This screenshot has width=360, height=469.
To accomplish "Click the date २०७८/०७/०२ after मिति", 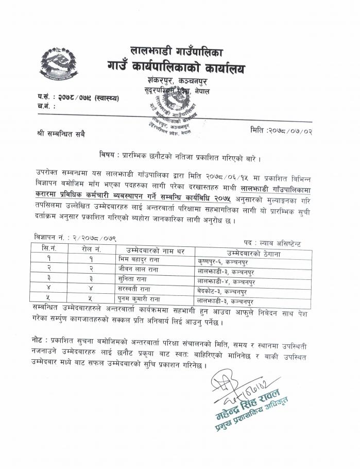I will tap(294, 129).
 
